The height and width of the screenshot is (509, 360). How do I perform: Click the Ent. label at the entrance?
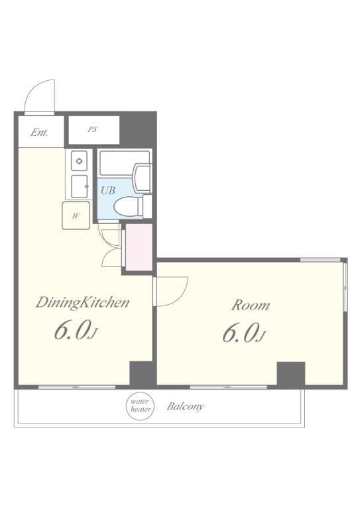point(40,133)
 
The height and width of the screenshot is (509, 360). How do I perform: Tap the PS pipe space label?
point(92,129)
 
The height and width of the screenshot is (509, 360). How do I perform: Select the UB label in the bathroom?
point(108,190)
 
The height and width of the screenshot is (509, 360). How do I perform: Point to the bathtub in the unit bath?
point(125,162)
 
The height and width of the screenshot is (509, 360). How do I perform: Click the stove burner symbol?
point(79,160)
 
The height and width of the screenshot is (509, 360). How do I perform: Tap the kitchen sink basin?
point(79,186)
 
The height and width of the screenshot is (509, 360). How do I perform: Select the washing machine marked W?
point(76,215)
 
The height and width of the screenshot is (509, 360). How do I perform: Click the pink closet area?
point(139,247)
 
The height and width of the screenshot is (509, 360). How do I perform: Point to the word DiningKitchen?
point(82,303)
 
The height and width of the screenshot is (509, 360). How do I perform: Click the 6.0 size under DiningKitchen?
point(76,331)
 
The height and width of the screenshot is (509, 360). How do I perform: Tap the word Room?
point(251,306)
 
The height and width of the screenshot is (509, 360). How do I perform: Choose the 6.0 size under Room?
point(244,333)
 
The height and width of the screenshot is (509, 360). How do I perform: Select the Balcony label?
point(186,406)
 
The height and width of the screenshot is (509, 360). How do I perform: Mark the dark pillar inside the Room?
point(290,374)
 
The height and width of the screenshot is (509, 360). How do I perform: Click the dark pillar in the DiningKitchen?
point(141,373)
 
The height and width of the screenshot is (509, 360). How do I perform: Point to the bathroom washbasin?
point(142,178)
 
